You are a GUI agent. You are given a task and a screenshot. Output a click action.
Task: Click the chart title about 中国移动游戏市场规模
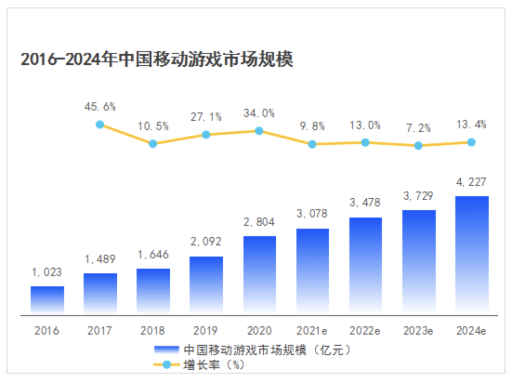(156, 59)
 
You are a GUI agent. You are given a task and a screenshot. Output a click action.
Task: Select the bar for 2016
(47, 300)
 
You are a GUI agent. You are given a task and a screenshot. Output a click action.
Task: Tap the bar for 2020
(259, 275)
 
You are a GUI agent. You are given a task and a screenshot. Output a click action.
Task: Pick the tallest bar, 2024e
(472, 255)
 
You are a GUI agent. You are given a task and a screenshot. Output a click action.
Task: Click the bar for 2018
(153, 291)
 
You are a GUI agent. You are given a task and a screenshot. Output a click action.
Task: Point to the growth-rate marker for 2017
(100, 124)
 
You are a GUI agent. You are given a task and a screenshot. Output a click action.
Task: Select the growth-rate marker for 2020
(259, 130)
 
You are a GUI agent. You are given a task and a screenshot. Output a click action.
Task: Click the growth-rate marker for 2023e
(418, 145)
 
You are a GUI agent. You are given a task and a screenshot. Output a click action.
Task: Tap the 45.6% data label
(100, 106)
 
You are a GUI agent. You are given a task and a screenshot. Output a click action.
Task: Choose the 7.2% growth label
(418, 128)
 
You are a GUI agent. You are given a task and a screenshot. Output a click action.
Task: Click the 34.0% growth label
(259, 113)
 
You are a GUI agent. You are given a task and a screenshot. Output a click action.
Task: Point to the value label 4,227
(472, 182)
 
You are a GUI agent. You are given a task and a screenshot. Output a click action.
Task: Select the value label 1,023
(47, 272)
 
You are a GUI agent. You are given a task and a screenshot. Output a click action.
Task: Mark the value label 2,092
(206, 242)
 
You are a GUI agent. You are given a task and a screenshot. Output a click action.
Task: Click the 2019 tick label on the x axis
(206, 330)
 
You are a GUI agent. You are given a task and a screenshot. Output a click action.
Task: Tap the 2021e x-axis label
(312, 330)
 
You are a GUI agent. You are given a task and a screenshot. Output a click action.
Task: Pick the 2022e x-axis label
(365, 330)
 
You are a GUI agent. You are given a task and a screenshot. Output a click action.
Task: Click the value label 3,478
(365, 203)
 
